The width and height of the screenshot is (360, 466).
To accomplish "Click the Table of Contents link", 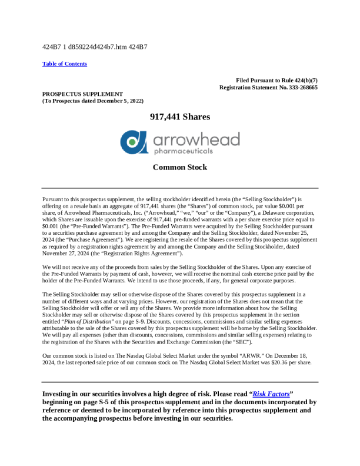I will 65,64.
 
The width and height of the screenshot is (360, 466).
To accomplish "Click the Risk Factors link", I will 271,393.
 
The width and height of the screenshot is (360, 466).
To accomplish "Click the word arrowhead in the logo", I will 196,139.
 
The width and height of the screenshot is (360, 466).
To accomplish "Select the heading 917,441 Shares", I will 180,117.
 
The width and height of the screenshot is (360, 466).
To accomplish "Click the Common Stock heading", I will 180,167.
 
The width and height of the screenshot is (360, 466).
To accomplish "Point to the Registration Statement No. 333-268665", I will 268,87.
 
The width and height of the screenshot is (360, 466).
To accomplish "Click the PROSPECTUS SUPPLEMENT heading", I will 82,94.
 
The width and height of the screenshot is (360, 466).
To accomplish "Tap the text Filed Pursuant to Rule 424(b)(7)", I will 276,80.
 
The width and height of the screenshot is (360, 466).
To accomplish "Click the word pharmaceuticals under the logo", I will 182,151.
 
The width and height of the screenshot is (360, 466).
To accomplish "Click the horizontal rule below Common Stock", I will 180,188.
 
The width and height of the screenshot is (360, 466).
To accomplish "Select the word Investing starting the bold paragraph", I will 61,393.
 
